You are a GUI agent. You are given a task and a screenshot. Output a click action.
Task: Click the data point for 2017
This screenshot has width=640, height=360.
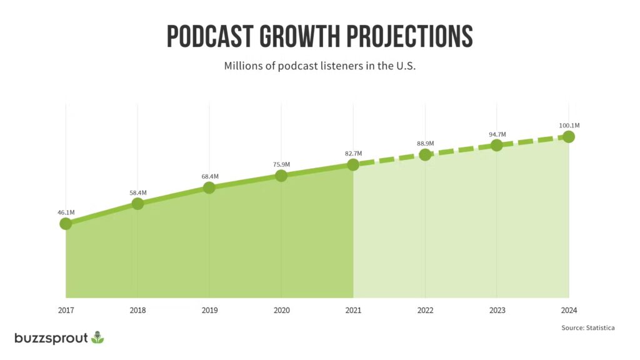66,223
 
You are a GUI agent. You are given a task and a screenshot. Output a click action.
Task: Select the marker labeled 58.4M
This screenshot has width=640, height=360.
137,203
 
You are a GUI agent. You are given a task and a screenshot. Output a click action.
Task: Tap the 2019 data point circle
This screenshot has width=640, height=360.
209,187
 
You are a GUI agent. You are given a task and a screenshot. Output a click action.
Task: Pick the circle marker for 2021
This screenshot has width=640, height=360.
353,164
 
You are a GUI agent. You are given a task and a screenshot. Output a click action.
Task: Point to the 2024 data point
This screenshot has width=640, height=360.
568,136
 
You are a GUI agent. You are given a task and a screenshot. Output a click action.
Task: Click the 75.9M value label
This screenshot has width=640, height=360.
281,164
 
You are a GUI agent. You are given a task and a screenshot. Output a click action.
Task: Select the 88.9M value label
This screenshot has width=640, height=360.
425,144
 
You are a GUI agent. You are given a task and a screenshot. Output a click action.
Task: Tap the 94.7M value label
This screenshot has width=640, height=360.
497,134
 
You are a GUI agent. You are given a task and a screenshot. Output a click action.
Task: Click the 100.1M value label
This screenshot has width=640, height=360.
568,126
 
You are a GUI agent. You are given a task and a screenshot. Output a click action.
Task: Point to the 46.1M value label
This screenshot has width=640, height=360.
66,212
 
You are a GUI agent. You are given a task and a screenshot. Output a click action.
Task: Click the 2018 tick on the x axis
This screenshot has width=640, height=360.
137,309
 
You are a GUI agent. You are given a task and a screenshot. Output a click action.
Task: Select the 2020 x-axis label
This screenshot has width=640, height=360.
281,309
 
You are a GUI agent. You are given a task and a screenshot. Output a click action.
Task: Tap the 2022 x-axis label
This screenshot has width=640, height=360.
425,309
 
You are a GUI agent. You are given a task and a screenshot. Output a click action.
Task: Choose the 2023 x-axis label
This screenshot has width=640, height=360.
497,309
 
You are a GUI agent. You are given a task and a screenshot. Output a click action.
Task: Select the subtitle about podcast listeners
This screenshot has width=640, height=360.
320,66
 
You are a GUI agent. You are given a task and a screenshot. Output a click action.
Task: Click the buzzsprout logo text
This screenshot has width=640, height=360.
51,338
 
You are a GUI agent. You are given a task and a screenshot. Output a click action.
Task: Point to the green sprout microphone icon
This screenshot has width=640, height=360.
97,337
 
